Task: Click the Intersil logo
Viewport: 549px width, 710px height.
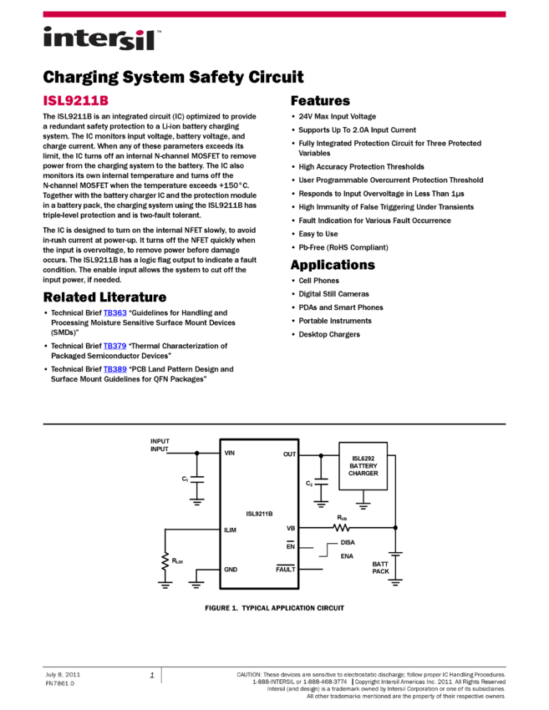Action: (x=102, y=39)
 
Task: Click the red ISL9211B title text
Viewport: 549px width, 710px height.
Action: (x=76, y=101)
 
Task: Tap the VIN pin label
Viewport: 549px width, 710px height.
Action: (x=230, y=454)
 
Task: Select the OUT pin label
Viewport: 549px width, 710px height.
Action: (x=289, y=454)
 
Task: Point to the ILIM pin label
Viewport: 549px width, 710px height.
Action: (x=231, y=530)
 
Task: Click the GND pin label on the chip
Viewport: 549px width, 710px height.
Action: (x=231, y=570)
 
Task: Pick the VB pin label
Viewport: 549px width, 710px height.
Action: (x=291, y=528)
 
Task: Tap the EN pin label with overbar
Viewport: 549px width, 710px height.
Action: (x=291, y=546)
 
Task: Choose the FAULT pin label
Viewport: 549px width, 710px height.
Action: (x=286, y=570)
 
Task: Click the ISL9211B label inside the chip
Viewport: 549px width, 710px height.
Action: (x=259, y=514)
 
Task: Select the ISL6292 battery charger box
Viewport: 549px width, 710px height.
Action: (x=363, y=466)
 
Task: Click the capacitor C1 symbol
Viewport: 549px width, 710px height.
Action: (x=197, y=479)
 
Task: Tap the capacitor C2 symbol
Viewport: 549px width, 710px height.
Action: (x=321, y=483)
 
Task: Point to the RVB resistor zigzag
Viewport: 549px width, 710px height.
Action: (x=341, y=528)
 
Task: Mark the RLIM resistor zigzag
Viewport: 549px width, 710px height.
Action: (x=165, y=559)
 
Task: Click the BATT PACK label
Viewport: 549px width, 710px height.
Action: (x=381, y=568)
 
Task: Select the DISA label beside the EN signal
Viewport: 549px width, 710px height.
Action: (x=348, y=542)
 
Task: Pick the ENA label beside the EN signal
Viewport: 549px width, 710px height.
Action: (x=347, y=556)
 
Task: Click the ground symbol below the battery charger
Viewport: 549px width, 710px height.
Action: (x=363, y=505)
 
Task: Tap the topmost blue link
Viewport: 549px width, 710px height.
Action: (x=115, y=313)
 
